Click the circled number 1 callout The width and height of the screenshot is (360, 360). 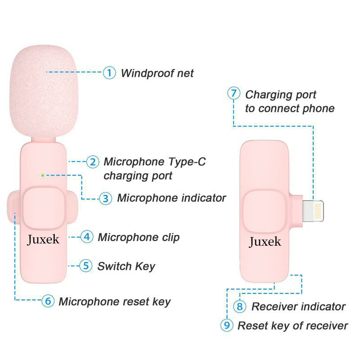tap(109, 72)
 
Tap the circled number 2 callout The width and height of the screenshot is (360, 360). tap(93, 162)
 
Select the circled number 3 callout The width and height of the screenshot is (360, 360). tap(105, 198)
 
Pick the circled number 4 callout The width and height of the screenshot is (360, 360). tap(87, 237)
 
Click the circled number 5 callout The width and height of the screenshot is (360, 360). tap(86, 265)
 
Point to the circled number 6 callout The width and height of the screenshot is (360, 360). tap(48, 301)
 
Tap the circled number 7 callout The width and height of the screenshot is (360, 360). tap(233, 94)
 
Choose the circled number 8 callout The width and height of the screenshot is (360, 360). tap(240, 306)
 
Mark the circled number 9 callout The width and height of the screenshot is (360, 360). tap(227, 325)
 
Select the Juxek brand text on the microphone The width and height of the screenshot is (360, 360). tap(43, 239)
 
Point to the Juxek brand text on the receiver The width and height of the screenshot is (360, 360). tap(265, 242)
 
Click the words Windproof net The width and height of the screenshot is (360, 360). tap(157, 73)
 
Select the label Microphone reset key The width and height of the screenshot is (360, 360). tap(114, 301)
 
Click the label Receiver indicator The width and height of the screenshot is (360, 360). tap(298, 307)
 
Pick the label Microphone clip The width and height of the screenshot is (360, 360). tap(139, 237)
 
